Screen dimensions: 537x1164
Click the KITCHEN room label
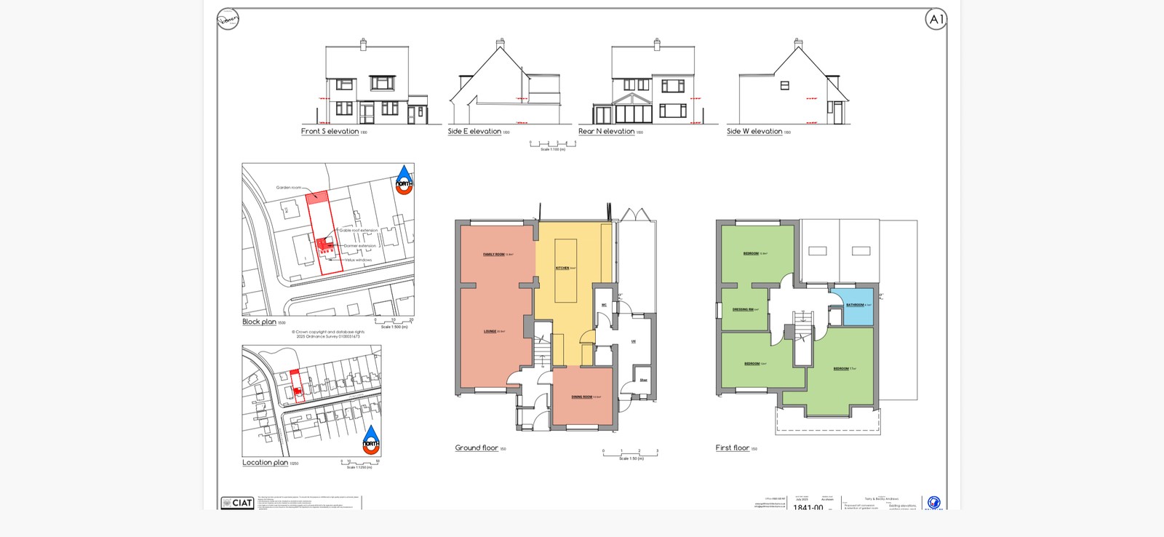click(562, 268)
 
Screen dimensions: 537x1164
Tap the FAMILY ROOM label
click(495, 255)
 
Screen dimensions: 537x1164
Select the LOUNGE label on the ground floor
click(490, 331)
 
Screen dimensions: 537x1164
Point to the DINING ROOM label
click(581, 397)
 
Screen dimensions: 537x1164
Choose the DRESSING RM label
click(744, 309)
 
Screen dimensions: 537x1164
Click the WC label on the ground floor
click(604, 305)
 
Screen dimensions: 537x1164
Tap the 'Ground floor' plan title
click(477, 447)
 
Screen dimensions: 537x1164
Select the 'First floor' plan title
click(732, 447)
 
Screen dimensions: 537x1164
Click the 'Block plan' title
click(259, 322)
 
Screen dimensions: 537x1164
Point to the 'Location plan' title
click(265, 462)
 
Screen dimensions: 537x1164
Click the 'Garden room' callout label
click(288, 188)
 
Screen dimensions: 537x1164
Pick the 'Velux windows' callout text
click(358, 260)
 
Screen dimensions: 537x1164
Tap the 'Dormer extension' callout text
click(359, 246)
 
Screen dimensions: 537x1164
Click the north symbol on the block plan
click(404, 179)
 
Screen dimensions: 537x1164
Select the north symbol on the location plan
click(371, 439)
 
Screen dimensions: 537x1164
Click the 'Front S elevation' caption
click(330, 132)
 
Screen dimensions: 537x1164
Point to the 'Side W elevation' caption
click(754, 132)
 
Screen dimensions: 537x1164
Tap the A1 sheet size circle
click(936, 20)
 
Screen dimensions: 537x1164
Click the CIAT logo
click(238, 503)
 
